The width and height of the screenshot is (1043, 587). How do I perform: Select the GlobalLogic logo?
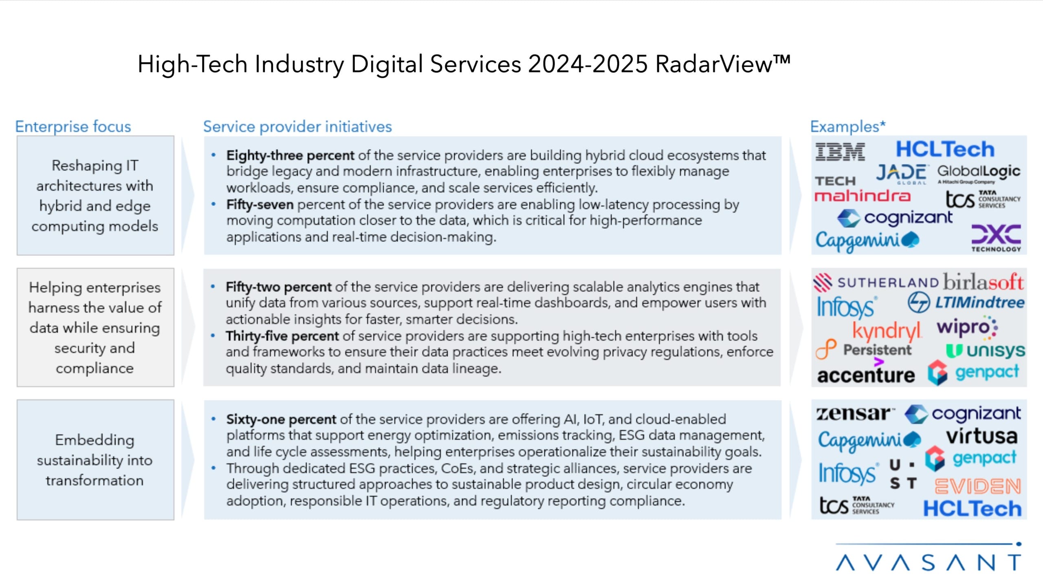[979, 173]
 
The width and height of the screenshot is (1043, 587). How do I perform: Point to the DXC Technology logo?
[996, 238]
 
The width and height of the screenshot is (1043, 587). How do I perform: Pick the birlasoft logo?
[983, 282]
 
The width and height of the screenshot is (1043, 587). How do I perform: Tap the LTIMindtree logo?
[966, 303]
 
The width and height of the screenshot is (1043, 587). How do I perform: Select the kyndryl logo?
[887, 330]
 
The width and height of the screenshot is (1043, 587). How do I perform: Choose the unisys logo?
[985, 351]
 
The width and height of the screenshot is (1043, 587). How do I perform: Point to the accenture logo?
[866, 374]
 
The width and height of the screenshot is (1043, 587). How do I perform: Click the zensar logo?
[855, 413]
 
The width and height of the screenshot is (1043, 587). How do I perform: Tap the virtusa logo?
[981, 436]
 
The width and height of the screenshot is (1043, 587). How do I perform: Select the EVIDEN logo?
[977, 486]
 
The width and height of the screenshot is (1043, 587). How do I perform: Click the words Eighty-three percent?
[290, 155]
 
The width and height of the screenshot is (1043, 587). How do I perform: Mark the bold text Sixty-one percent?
[281, 419]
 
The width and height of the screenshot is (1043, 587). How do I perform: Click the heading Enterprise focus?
[73, 127]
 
